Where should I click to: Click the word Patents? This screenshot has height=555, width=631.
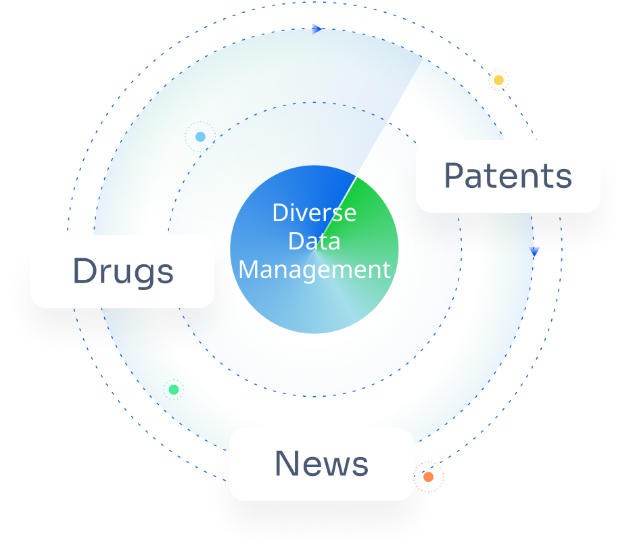click(508, 176)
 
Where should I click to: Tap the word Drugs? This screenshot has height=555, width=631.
click(123, 272)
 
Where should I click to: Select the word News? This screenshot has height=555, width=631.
click(321, 464)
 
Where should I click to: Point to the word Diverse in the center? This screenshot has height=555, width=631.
click(314, 213)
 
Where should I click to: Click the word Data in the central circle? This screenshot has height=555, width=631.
click(314, 241)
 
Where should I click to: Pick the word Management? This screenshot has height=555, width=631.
click(314, 269)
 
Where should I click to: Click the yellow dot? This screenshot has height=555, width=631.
click(498, 80)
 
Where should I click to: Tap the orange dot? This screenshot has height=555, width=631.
click(428, 477)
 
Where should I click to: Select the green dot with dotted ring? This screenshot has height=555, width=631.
click(174, 389)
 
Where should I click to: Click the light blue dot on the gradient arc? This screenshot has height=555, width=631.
click(200, 137)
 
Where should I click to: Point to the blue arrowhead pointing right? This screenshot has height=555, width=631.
click(317, 28)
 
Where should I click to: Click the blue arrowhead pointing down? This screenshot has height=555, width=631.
click(535, 251)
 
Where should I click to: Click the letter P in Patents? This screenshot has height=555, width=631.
click(454, 176)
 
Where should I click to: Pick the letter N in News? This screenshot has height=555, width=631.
click(287, 464)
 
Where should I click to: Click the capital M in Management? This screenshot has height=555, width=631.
click(250, 269)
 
